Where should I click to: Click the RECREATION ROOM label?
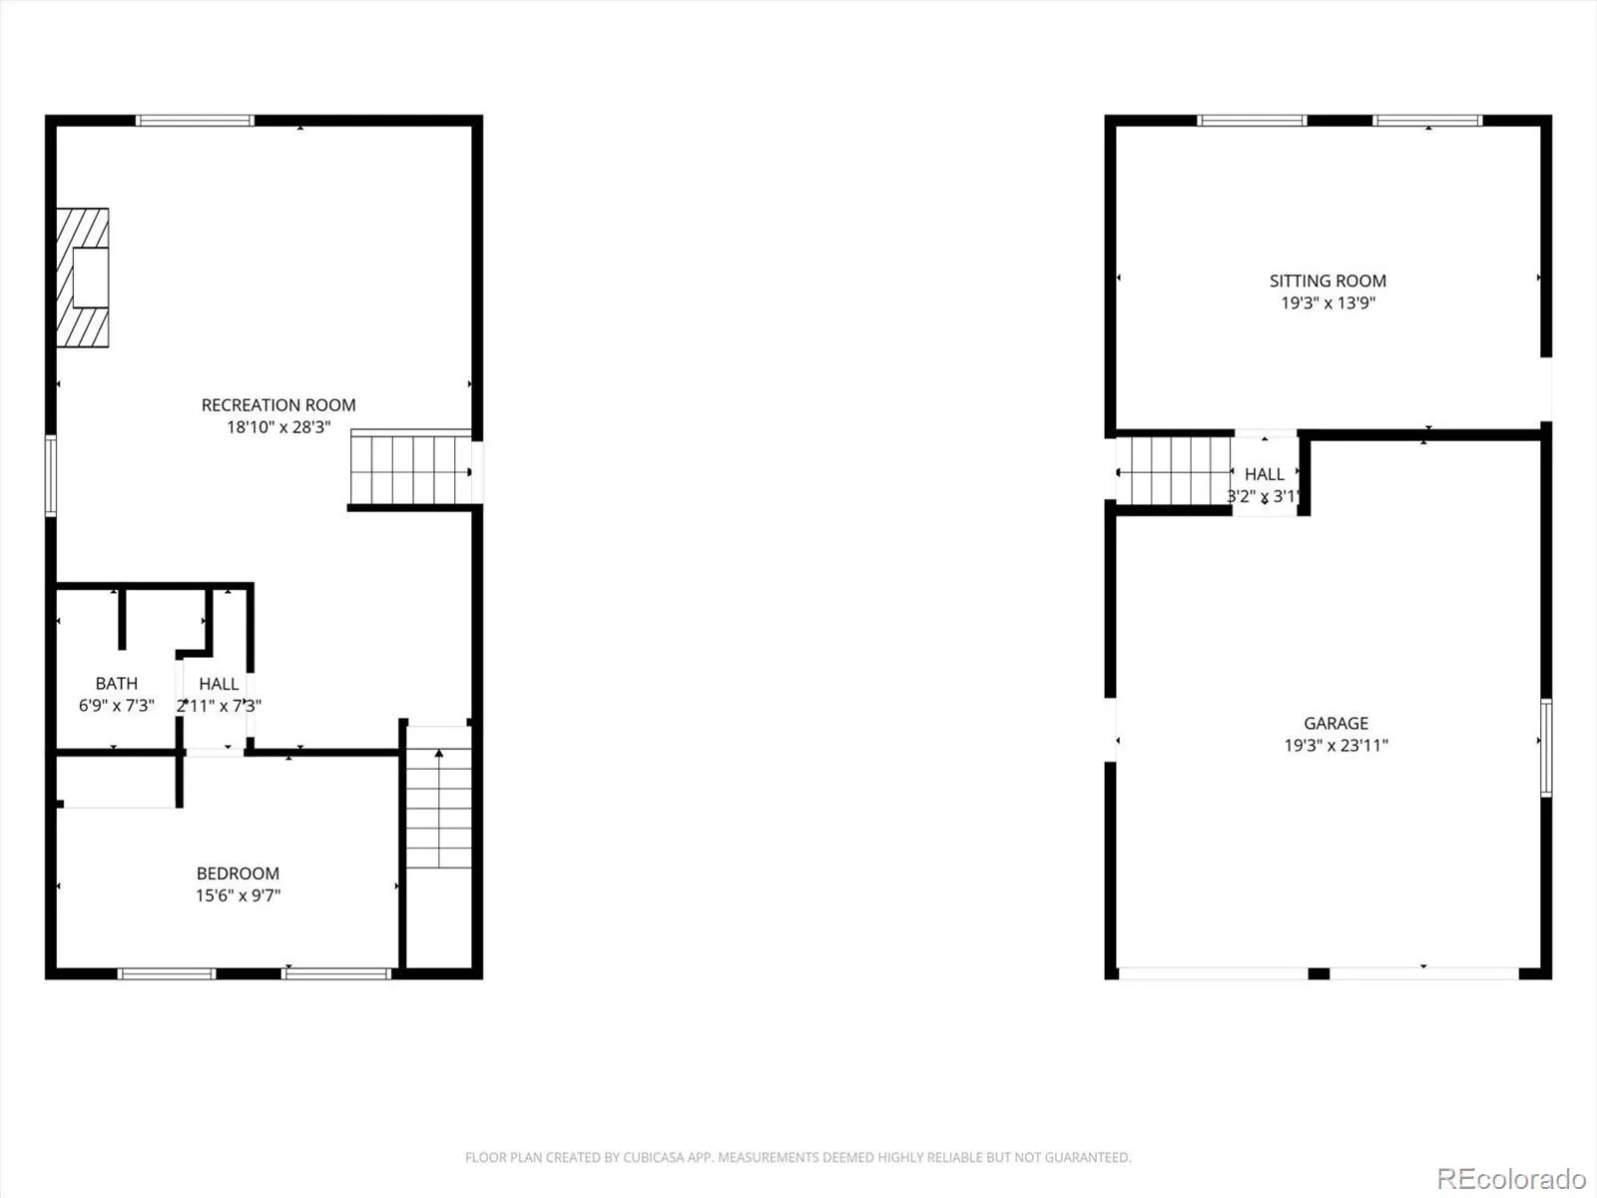[x=278, y=405]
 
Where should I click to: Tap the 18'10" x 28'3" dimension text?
[x=278, y=427]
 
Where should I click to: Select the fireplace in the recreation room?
[x=83, y=278]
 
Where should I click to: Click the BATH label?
[x=117, y=683]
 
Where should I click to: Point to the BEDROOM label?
[x=238, y=873]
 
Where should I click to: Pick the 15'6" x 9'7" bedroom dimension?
[x=238, y=896]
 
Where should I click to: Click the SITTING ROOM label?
[x=1328, y=281]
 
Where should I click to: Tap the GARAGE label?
[x=1335, y=723]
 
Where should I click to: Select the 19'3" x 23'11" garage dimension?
[x=1335, y=745]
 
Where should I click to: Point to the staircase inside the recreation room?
[x=411, y=467]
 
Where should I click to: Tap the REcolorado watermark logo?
[x=1511, y=1178]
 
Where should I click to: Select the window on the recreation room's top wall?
[x=195, y=121]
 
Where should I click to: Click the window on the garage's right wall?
[x=1546, y=748]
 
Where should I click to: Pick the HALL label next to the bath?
[x=219, y=684]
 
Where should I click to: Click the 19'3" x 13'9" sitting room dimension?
[x=1328, y=302]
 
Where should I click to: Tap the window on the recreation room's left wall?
[x=51, y=476]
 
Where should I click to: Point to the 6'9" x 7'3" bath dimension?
[x=117, y=705]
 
